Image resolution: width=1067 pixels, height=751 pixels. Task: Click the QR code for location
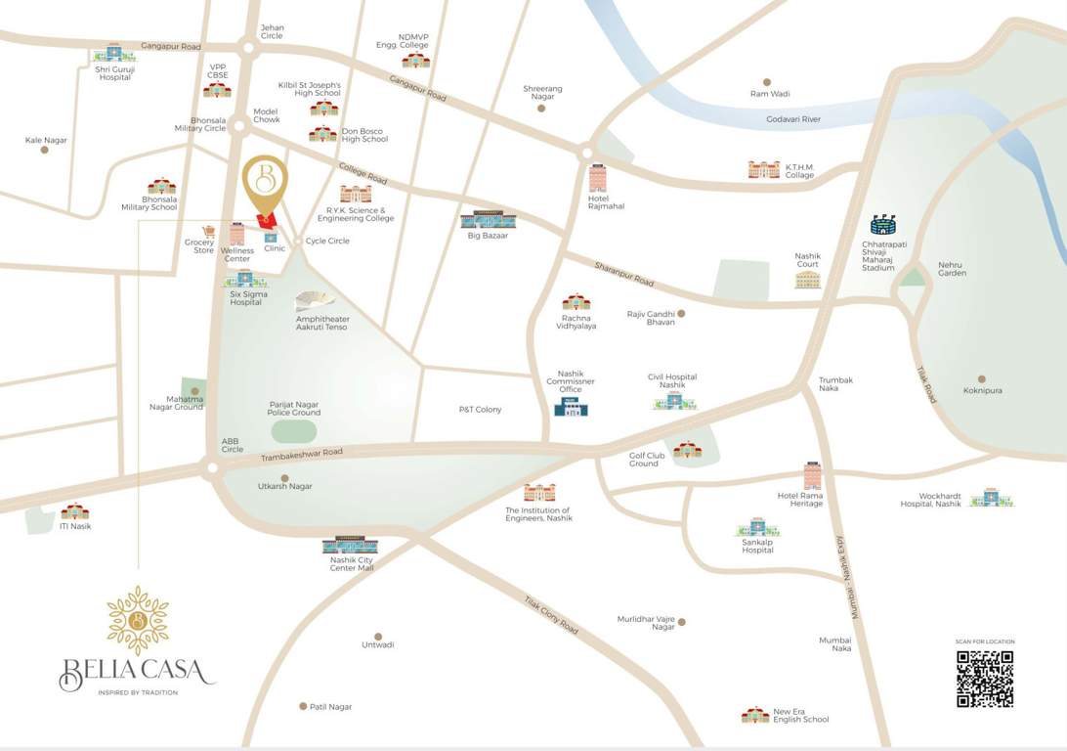click(x=984, y=679)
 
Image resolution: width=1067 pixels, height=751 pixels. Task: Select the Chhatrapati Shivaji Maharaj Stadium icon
click(x=882, y=225)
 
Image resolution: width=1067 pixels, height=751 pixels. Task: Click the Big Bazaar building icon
click(x=488, y=219)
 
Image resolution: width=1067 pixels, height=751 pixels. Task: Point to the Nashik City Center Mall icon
click(x=350, y=545)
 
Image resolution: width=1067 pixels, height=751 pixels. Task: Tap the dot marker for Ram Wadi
click(x=767, y=83)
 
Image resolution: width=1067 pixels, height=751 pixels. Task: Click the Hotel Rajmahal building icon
click(x=597, y=178)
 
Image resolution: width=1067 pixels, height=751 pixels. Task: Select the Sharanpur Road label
click(x=623, y=273)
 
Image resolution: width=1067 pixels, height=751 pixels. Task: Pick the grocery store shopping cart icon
click(x=208, y=232)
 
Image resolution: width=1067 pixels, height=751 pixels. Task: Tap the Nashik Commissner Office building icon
click(x=571, y=406)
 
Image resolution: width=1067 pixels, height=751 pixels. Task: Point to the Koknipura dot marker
click(x=982, y=379)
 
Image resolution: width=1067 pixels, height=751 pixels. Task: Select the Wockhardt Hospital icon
click(x=992, y=498)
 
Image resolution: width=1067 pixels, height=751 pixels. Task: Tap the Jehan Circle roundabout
click(x=248, y=46)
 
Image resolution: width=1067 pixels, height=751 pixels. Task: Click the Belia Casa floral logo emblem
click(x=138, y=620)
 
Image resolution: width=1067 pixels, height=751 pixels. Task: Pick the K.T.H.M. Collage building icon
click(x=764, y=169)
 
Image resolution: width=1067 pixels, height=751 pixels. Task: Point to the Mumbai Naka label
click(x=835, y=643)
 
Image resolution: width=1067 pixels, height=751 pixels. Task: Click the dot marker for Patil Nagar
click(x=303, y=706)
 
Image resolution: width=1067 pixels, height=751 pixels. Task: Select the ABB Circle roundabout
click(x=211, y=468)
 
